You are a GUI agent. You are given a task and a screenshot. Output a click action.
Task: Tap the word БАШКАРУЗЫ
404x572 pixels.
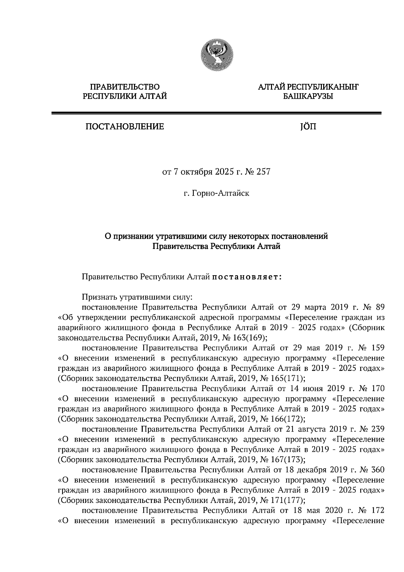(x=308, y=97)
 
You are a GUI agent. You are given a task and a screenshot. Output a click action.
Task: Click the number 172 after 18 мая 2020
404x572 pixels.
(x=377, y=510)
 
